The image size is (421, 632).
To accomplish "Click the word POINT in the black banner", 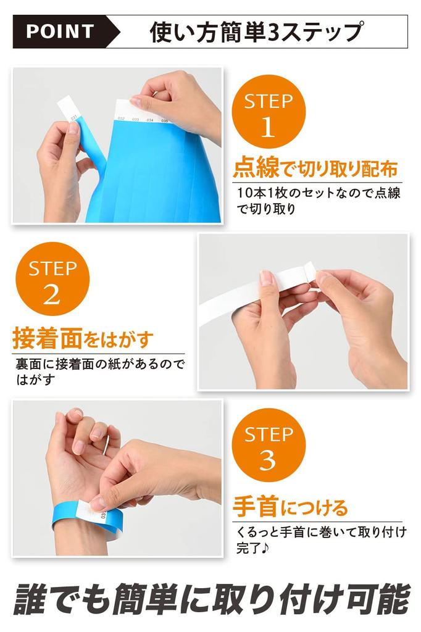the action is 60,31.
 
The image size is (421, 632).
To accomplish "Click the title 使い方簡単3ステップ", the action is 256,32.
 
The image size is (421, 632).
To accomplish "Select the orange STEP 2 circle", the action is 52,280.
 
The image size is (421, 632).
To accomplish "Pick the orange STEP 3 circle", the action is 268,445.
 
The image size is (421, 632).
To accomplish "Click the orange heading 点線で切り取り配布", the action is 315,168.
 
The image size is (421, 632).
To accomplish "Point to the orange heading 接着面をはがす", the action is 83,338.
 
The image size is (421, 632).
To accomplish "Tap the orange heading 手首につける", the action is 290,507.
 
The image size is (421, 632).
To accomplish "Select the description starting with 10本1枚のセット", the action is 318,201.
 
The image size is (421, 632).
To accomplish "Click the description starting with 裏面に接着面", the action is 100,371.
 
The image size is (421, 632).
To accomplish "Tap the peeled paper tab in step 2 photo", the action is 310,271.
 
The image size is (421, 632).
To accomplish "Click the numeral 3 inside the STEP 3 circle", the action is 268,460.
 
